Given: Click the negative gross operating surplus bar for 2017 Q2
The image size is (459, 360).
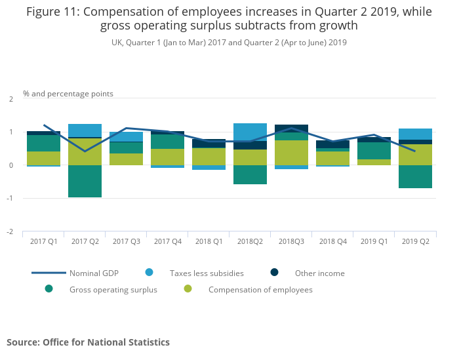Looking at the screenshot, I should coord(85,181).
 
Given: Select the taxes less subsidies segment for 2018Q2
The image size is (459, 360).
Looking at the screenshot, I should coord(250,132).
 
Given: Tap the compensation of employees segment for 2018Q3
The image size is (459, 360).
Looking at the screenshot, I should coord(291,153).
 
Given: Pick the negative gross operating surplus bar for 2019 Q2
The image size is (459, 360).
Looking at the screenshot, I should coord(415,176).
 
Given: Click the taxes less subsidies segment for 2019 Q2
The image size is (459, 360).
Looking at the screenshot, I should coord(415,134).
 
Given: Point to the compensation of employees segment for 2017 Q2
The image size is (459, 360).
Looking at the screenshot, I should coord(85,151).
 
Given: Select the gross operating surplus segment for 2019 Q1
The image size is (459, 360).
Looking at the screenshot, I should coord(374,151).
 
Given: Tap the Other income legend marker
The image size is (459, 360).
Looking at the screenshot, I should coord(274,273).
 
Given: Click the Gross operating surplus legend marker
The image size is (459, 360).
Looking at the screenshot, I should coord(49,289).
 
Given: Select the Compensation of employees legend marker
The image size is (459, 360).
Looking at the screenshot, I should coord(188,289).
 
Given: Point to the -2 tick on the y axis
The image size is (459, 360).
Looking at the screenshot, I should coord(10,231).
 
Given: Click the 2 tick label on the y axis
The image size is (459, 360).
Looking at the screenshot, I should coord(10,99).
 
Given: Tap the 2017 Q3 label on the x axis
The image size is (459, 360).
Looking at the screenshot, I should coord(126,241).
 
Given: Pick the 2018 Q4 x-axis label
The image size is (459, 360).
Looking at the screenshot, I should coord(332,241).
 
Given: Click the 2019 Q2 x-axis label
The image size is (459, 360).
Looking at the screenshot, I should coord(415,241).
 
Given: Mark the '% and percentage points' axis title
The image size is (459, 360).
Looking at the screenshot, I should coord(68,94).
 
